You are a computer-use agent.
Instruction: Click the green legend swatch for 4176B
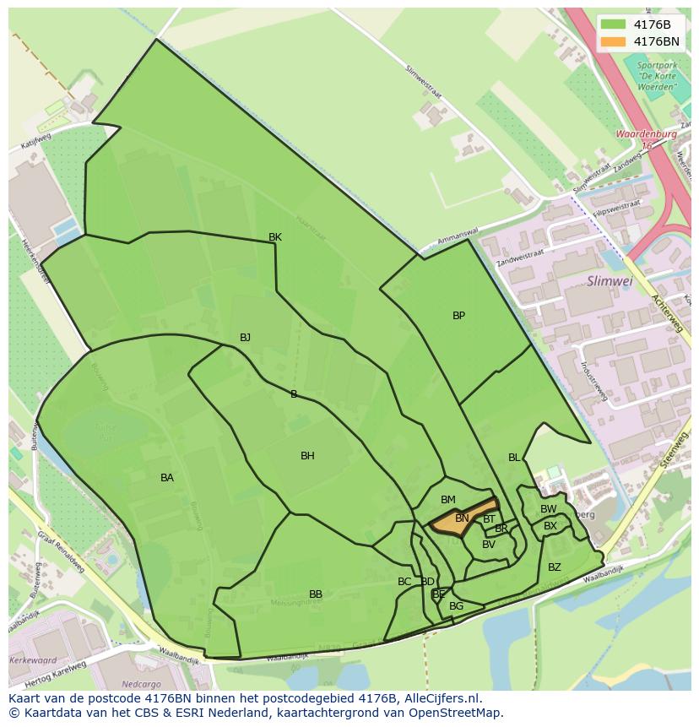point(614,24)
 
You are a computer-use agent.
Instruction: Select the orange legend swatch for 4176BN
point(614,41)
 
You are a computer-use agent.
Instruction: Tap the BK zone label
point(275,237)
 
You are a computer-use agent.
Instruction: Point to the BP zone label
point(458,316)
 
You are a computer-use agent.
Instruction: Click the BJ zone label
point(245,338)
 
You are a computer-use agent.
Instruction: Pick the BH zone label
point(307,456)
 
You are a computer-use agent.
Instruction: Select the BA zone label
point(167,478)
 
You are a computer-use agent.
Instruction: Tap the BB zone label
point(316,594)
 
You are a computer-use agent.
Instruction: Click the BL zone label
point(514,458)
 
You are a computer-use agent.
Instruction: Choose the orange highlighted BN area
point(463,518)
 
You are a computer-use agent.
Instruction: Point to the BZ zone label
point(555,567)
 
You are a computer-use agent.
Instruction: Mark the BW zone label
point(549,509)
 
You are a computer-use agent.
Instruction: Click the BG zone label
point(457,606)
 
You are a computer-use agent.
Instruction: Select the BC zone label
point(404,582)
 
